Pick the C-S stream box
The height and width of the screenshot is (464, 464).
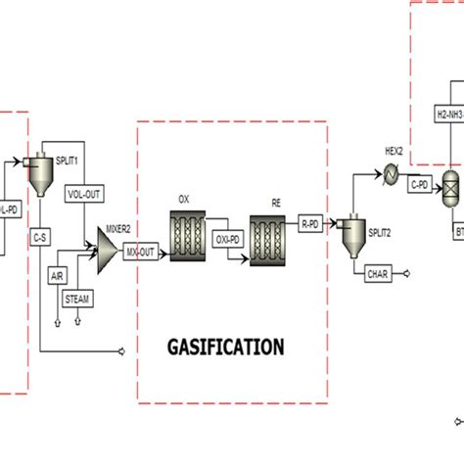click(x=40, y=236)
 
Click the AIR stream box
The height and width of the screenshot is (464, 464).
click(x=58, y=276)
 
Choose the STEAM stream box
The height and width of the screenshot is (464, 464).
click(x=76, y=298)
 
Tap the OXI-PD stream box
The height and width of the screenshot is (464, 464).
click(x=227, y=235)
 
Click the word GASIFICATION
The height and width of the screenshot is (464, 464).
click(x=225, y=347)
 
